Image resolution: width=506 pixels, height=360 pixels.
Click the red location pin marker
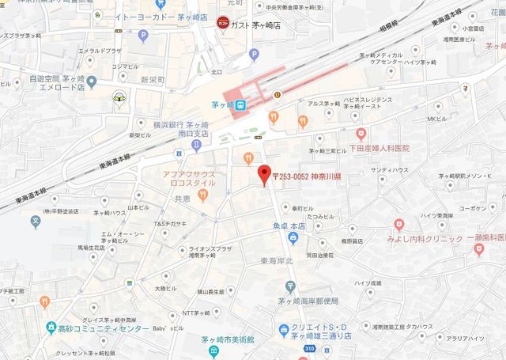pyautogui.click(x=265, y=173)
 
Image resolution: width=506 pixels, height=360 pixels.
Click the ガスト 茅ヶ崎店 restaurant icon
pyautogui.click(x=223, y=24)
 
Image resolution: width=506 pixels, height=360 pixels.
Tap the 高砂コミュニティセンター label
pyautogui.click(x=103, y=328)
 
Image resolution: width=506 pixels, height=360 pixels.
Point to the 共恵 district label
pyautogui.click(x=183, y=198)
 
